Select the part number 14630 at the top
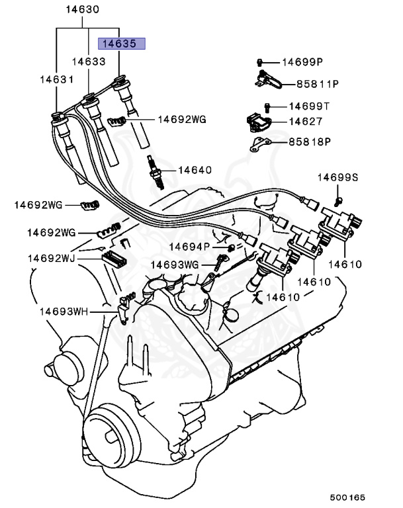(x=83, y=10)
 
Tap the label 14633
(x=89, y=62)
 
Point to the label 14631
(x=56, y=79)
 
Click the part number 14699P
(x=302, y=62)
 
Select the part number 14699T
(x=309, y=106)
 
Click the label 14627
(x=305, y=122)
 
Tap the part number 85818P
(x=309, y=142)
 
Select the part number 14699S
(x=337, y=177)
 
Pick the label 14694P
(x=189, y=247)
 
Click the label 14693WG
(x=175, y=265)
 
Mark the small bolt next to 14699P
(x=261, y=62)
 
